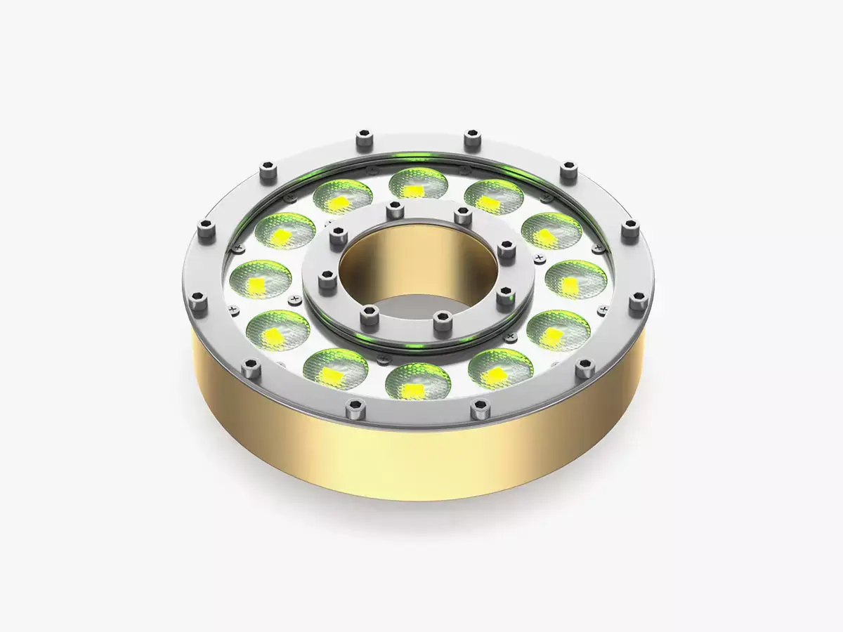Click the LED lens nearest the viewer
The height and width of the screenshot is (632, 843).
coord(418,381)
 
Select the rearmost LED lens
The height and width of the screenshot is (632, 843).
coord(418,185)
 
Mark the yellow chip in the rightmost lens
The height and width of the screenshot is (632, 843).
coord(570,284)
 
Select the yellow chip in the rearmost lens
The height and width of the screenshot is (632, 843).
coord(417,190)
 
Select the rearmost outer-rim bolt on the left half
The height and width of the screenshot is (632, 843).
coord(363,139)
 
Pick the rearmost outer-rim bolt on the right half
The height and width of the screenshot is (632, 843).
coord(471,139)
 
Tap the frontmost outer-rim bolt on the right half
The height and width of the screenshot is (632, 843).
coord(480,408)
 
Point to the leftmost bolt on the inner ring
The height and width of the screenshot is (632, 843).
coord(325,282)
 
